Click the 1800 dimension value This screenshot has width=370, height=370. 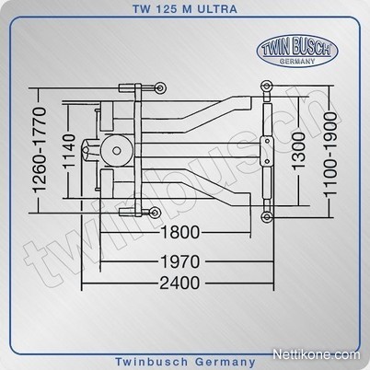[180, 232]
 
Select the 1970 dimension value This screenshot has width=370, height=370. [180, 261]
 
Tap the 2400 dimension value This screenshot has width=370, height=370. [179, 283]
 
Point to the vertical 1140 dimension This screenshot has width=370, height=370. [70, 151]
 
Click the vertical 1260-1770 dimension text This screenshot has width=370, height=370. [40, 150]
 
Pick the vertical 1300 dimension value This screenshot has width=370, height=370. [299, 151]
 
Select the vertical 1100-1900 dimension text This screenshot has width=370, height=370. [330, 154]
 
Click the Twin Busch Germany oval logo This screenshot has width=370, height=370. [297, 51]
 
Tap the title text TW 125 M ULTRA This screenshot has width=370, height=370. [185, 9]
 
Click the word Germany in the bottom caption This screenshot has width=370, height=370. [225, 362]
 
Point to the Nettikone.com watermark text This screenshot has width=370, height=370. [317, 354]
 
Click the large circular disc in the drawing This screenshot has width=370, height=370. [116, 150]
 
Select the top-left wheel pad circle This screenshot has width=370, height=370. [160, 88]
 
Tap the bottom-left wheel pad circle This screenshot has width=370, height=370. [155, 213]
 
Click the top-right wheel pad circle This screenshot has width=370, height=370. [266, 86]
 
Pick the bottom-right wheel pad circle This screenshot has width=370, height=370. [267, 217]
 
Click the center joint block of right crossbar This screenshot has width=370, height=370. [267, 151]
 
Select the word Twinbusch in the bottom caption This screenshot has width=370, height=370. [152, 362]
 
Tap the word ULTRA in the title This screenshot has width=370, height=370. [217, 9]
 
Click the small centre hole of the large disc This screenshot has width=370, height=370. [116, 150]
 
